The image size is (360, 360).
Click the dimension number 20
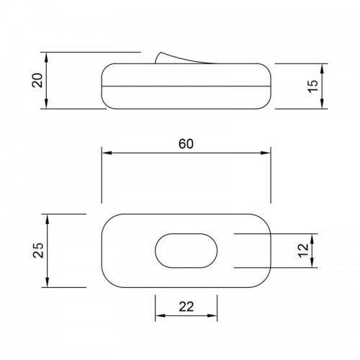pyautogui.click(x=37, y=80)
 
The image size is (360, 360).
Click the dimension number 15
pyautogui.click(x=312, y=86)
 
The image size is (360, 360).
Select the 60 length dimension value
pyautogui.click(x=186, y=144)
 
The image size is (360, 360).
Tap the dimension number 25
pyautogui.click(x=38, y=251)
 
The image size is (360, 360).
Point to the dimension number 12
pyautogui.click(x=303, y=251)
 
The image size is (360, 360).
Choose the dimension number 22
pyautogui.click(x=186, y=307)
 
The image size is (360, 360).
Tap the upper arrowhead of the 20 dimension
pyautogui.click(x=47, y=57)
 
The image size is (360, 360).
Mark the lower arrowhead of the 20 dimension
pyautogui.click(x=47, y=104)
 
